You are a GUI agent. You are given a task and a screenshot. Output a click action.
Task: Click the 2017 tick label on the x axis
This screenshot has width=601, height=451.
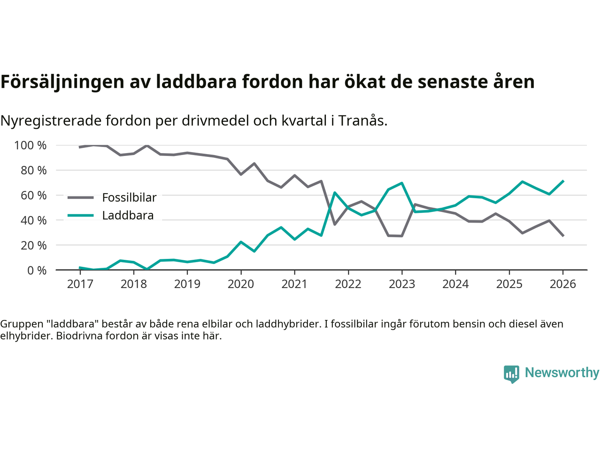pyautogui.click(x=80, y=284)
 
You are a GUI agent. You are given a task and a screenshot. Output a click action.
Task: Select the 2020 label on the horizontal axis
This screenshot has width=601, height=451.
pyautogui.click(x=241, y=284)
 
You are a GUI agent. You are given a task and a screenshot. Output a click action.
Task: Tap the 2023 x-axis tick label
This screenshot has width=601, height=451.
pyautogui.click(x=402, y=284)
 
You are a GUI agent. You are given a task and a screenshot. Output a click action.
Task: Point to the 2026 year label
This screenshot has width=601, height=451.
pyautogui.click(x=563, y=284)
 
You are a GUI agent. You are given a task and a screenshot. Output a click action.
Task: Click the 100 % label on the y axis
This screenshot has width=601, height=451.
pyautogui.click(x=31, y=146)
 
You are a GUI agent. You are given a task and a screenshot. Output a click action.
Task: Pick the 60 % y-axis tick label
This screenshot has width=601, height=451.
pyautogui.click(x=33, y=195)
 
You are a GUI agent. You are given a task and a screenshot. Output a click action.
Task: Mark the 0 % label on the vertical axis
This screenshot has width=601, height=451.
pyautogui.click(x=36, y=271)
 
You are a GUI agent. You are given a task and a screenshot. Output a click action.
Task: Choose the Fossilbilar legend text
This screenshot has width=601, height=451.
pyautogui.click(x=129, y=198)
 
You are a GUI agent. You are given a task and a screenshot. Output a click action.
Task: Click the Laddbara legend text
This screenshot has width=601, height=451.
pyautogui.click(x=128, y=216)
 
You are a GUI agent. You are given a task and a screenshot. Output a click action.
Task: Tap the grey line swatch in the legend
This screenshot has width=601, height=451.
pyautogui.click(x=81, y=198)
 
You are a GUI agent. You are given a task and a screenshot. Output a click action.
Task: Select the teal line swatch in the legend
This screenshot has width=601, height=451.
pyautogui.click(x=81, y=216)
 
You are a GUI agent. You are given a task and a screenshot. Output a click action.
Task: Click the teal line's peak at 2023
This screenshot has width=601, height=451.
pyautogui.click(x=402, y=183)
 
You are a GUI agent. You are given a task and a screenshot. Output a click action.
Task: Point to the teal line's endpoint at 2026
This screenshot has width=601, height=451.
pyautogui.click(x=563, y=181)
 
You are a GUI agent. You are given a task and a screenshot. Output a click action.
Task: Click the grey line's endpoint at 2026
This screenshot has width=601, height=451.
pyautogui.click(x=563, y=236)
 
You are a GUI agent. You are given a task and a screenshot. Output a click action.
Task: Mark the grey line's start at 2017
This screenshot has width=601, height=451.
pyautogui.click(x=80, y=147)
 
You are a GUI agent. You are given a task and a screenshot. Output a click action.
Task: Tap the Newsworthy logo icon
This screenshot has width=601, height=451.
pyautogui.click(x=511, y=374)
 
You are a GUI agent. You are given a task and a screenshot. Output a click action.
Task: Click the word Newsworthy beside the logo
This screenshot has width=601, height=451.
pyautogui.click(x=562, y=373)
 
